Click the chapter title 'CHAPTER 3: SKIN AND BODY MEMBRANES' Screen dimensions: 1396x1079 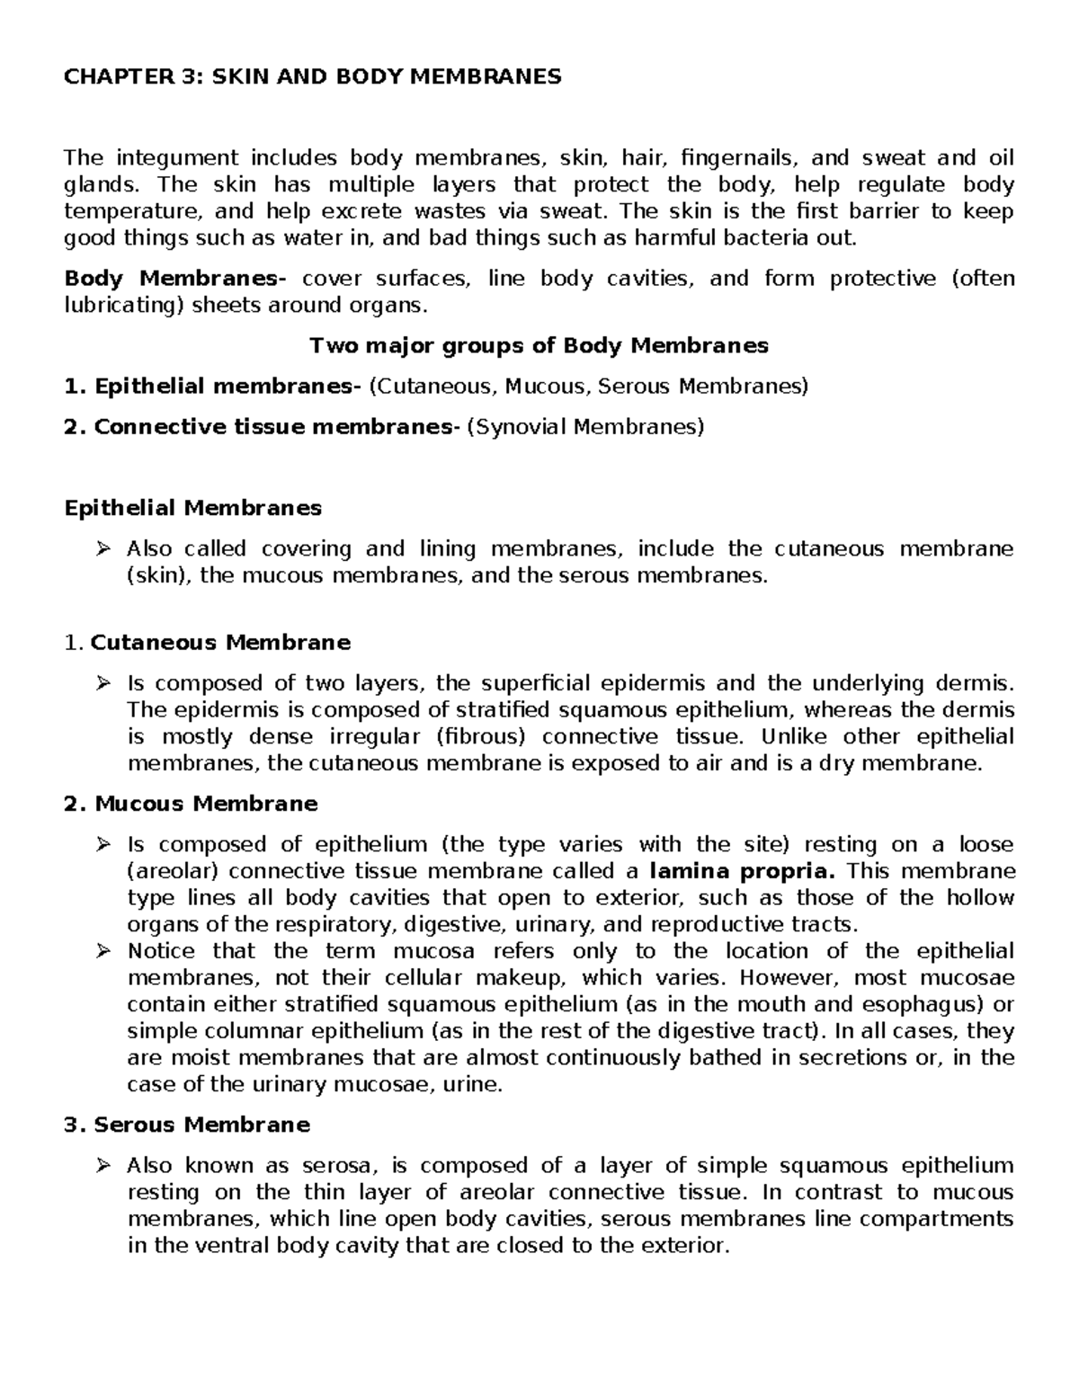pos(312,76)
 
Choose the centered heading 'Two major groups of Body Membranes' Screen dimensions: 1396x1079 pos(539,345)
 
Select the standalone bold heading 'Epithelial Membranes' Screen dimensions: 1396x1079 pos(192,508)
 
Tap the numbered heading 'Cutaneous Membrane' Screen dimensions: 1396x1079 pos(220,643)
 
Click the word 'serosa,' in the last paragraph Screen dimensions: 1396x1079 pos(334,1166)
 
